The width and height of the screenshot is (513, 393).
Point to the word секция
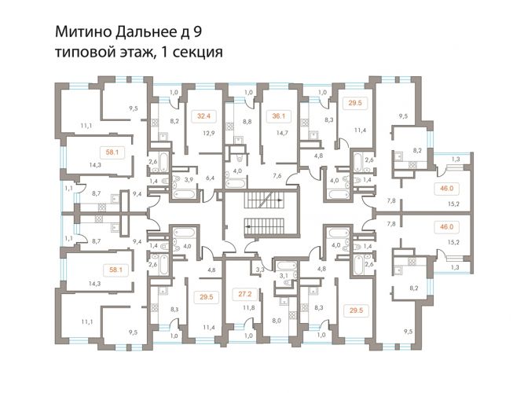[197, 53]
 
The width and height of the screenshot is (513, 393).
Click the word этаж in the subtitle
[135, 53]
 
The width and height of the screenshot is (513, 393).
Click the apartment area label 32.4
[203, 116]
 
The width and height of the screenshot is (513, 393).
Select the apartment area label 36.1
[279, 116]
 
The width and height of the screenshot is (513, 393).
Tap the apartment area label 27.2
[245, 294]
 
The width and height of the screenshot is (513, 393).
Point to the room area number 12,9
[208, 133]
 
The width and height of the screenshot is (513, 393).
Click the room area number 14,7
[282, 133]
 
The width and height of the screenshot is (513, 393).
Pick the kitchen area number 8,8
[248, 121]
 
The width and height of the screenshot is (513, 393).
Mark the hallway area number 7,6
[277, 176]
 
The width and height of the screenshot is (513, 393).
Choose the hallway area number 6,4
[210, 178]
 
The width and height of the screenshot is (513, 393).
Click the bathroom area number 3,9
[189, 179]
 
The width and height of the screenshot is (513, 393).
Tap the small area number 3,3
[260, 270]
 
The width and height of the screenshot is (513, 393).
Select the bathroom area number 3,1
[284, 276]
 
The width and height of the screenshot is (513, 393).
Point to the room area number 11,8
[249, 307]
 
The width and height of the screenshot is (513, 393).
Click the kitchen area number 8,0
[277, 321]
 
